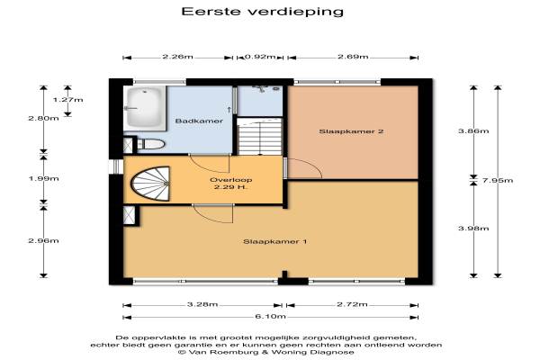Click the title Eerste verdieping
(263, 12)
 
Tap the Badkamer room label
(199, 121)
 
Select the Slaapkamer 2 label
(351, 131)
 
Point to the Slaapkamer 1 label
(274, 241)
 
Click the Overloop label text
(230, 180)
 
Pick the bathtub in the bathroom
(145, 107)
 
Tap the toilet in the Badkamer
(151, 144)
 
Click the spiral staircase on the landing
(150, 184)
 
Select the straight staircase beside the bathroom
(260, 137)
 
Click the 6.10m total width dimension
(271, 317)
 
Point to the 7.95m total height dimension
(498, 180)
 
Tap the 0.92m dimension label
(260, 57)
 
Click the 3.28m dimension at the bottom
(202, 304)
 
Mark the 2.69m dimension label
(353, 57)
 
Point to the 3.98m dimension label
(473, 229)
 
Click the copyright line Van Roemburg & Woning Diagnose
(266, 353)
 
